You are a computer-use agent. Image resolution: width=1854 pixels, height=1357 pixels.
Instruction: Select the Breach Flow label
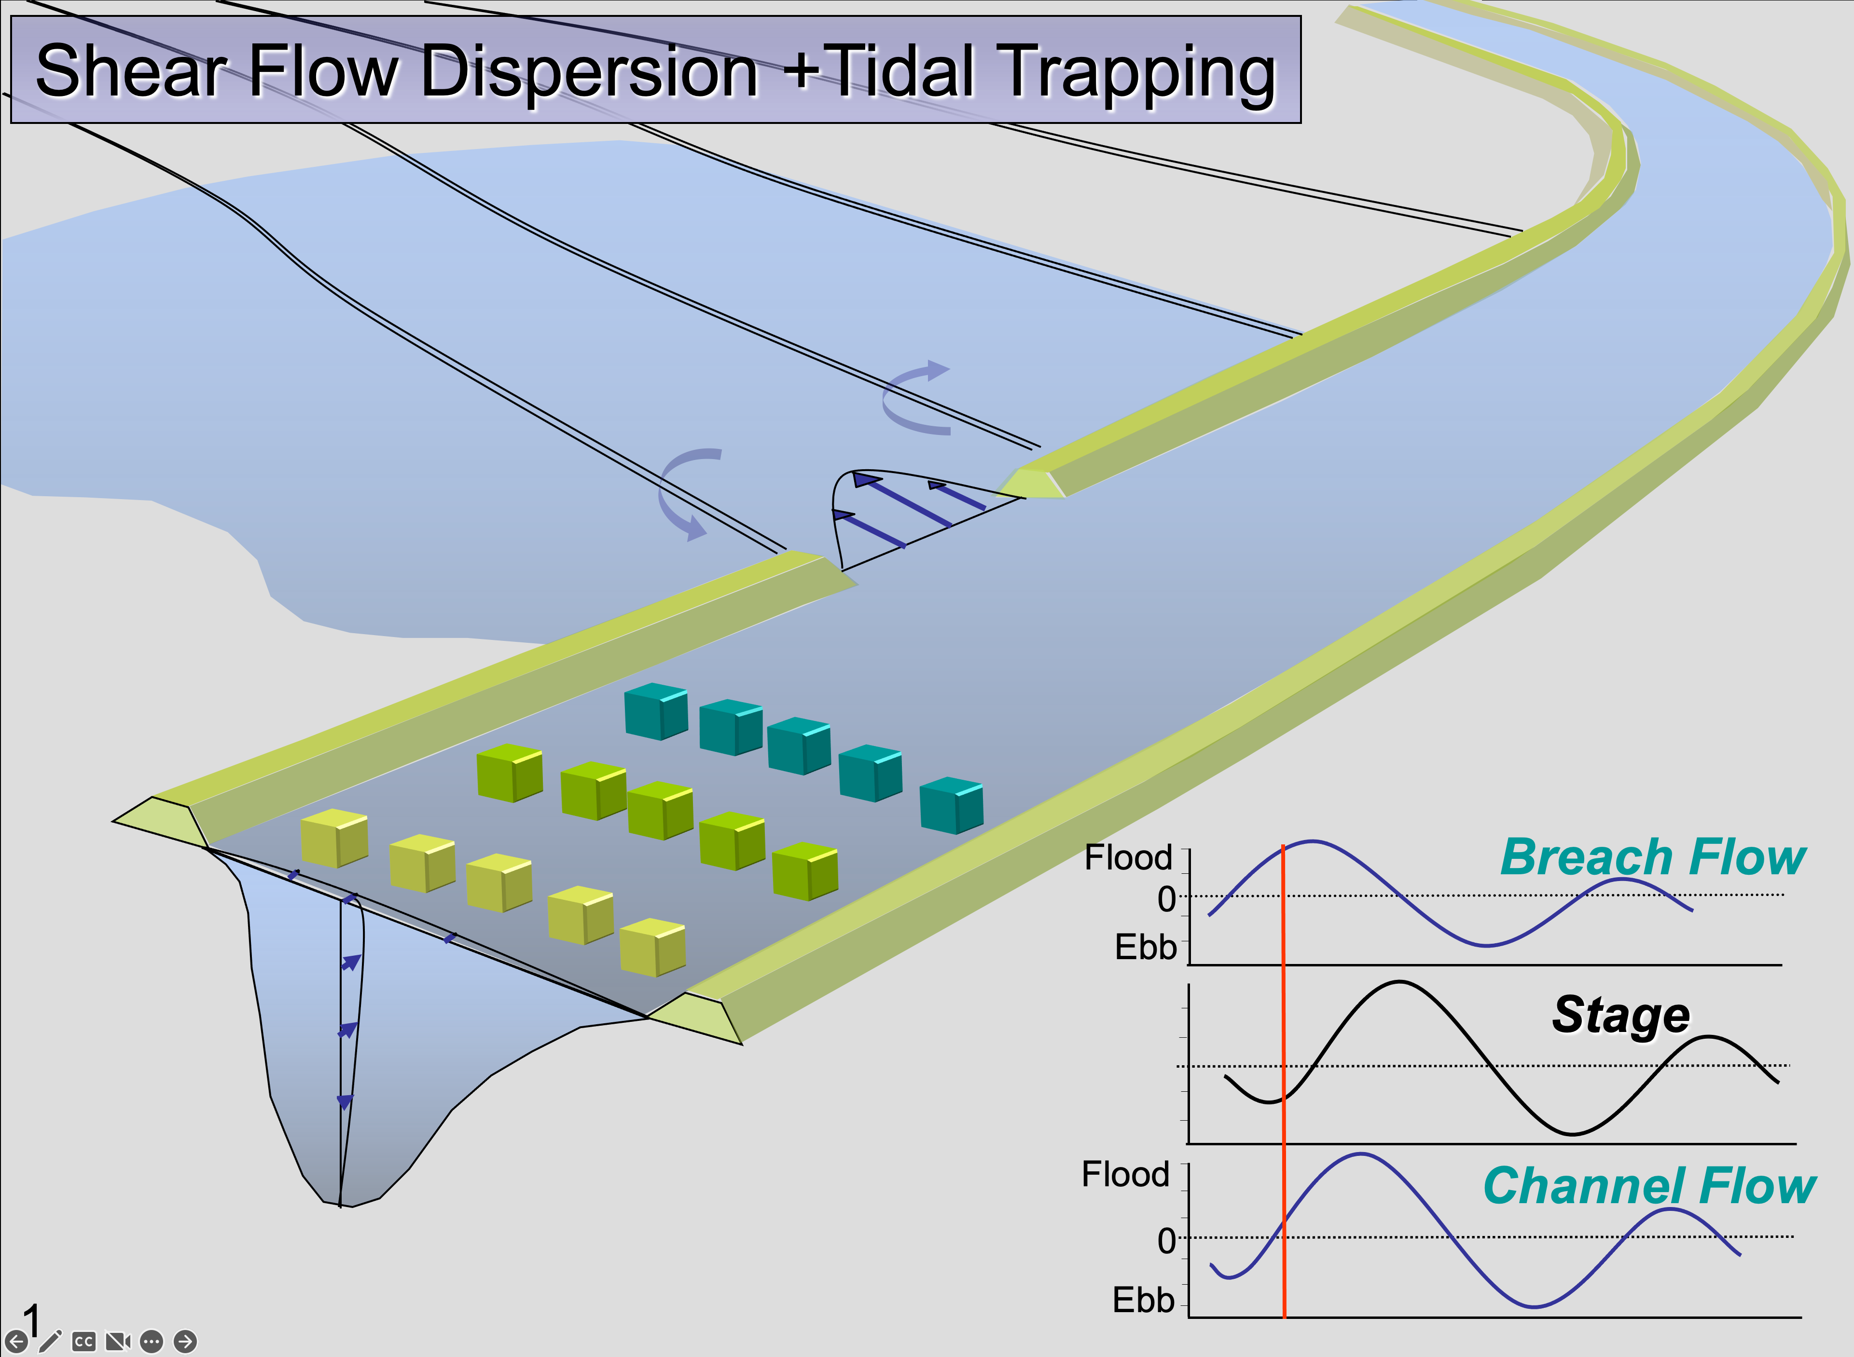[1653, 857]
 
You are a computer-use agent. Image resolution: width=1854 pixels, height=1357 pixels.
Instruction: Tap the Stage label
[1620, 1015]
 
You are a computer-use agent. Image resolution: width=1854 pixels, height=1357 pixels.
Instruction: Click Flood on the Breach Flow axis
[1128, 857]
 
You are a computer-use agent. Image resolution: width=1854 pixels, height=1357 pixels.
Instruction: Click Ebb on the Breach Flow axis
[1146, 947]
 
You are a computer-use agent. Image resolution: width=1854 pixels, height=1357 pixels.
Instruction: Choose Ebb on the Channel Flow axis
[1143, 1300]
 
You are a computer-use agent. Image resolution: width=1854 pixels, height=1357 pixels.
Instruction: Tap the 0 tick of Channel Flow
[1166, 1240]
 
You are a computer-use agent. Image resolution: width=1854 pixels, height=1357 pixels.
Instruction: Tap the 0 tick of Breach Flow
[1166, 899]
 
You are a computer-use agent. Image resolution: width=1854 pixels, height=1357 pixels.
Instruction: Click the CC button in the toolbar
[83, 1342]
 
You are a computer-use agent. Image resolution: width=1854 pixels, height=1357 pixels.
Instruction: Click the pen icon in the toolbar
[50, 1341]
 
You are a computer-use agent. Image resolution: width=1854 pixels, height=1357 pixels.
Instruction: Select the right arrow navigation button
[186, 1342]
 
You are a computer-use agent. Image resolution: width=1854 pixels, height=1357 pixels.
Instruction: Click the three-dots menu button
[151, 1342]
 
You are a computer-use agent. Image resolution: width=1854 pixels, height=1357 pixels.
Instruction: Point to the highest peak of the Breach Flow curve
[1313, 841]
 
